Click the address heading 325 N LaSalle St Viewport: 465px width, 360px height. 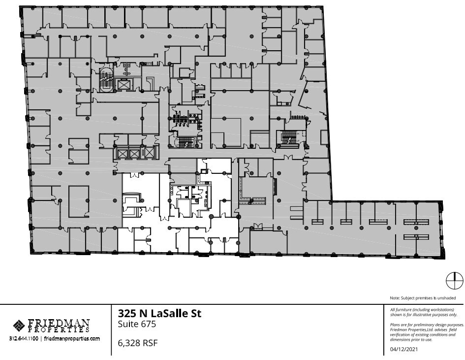click(160, 313)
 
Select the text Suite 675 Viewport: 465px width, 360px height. click(137, 324)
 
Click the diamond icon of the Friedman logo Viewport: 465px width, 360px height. click(19, 326)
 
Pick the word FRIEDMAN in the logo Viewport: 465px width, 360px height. click(59, 323)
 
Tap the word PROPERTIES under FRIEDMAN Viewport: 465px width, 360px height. click(59, 330)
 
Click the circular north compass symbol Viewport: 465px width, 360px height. click(454, 281)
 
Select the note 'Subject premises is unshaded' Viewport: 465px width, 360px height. click(426, 298)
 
